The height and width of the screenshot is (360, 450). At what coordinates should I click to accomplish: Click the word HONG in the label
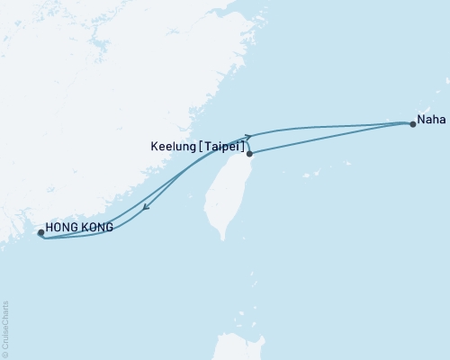(59, 229)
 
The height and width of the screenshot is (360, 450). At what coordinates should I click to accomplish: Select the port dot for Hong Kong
(41, 232)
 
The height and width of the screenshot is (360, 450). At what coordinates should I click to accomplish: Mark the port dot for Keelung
(249, 154)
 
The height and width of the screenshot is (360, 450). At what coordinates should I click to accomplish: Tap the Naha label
(429, 116)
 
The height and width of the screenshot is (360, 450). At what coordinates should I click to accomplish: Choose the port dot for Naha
(413, 125)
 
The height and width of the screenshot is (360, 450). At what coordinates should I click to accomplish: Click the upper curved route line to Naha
(333, 125)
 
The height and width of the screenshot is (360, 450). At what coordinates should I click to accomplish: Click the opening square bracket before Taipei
(208, 143)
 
